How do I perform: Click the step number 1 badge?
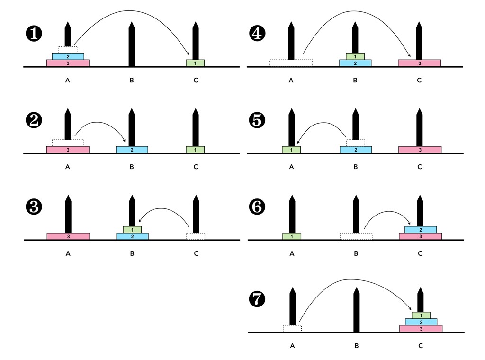[x=34, y=34]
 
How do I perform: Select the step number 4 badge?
[x=258, y=34]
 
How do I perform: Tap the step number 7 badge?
[x=258, y=299]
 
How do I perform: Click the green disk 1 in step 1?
[x=195, y=63]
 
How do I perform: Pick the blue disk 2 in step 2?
[x=132, y=150]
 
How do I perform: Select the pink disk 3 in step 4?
[x=419, y=63]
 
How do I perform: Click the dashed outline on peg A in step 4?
[x=291, y=63]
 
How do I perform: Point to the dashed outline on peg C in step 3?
[x=196, y=236]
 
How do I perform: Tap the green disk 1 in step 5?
[x=291, y=150]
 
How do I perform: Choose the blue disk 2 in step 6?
[x=421, y=230]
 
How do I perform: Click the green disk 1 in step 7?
[x=421, y=315]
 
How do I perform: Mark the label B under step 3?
[x=132, y=253]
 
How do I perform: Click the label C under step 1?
[x=196, y=81]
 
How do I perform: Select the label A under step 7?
[x=292, y=346]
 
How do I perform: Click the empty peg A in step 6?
[x=292, y=213]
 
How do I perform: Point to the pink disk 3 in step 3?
[x=68, y=236]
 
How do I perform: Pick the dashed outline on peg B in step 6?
[x=356, y=236]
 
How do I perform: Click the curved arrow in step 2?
[x=102, y=124]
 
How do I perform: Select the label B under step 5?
[x=356, y=167]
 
